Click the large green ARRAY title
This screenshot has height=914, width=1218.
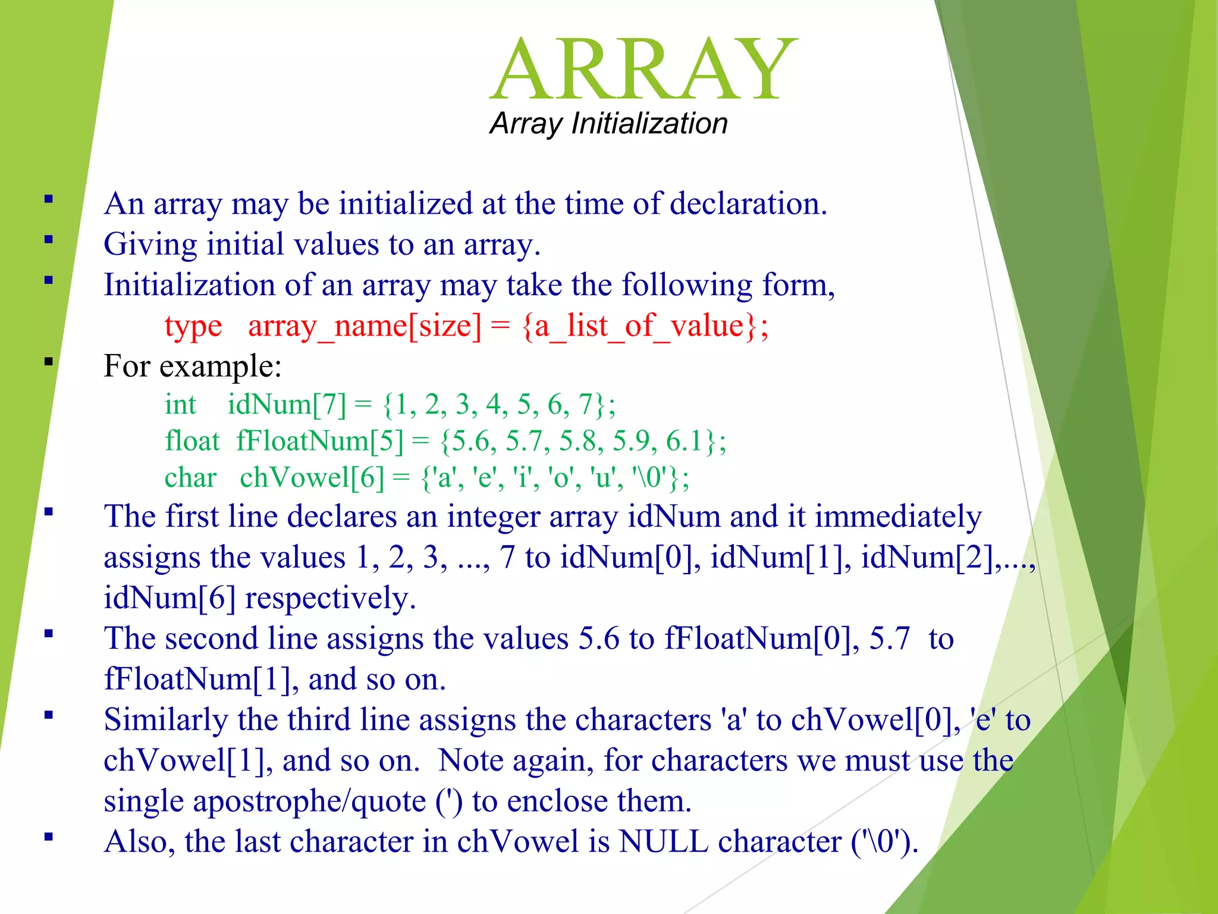tap(643, 70)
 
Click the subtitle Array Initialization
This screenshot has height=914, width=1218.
tap(608, 124)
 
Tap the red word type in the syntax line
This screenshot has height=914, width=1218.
tap(193, 327)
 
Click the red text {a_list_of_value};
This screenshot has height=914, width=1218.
tap(645, 327)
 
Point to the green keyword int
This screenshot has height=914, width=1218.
tap(180, 405)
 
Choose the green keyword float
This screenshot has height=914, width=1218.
tap(192, 441)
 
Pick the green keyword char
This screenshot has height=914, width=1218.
tap(190, 478)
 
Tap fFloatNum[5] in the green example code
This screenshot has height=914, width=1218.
tap(319, 441)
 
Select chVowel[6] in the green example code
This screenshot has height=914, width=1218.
tap(312, 478)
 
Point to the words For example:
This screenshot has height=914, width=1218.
tap(192, 366)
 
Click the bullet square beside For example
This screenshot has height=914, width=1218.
tap(49, 361)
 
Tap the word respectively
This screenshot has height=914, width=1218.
tap(329, 598)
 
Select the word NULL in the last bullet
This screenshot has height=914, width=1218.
tap(663, 841)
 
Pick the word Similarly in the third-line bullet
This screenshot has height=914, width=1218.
tap(166, 719)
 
